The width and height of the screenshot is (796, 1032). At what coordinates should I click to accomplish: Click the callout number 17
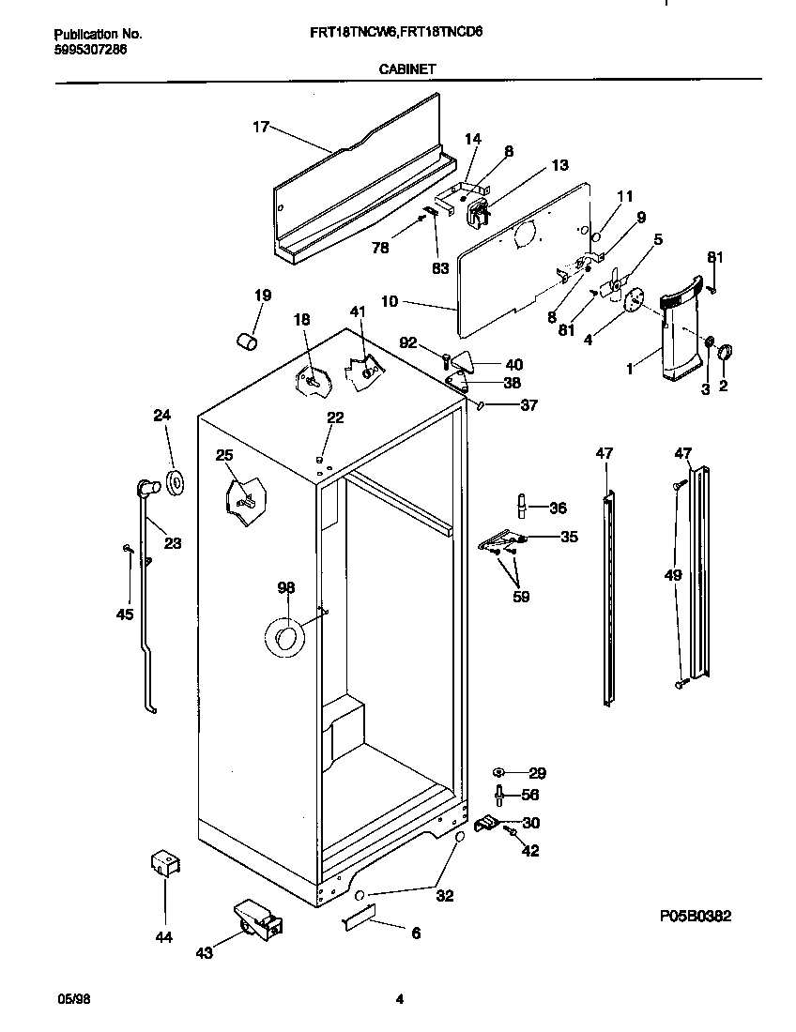click(261, 127)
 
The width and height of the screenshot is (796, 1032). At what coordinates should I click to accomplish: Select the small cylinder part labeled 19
click(247, 340)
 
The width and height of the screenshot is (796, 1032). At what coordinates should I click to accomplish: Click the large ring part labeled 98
click(283, 638)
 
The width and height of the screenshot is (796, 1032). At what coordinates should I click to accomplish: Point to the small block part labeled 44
click(164, 864)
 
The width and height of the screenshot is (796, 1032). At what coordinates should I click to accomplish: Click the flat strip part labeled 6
click(358, 917)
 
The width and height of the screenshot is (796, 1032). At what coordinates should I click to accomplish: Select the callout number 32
click(444, 896)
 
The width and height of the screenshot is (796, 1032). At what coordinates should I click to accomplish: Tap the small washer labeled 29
click(499, 772)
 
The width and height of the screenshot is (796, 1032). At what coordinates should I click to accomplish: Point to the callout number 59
click(520, 597)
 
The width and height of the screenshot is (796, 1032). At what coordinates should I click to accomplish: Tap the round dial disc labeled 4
click(635, 299)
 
